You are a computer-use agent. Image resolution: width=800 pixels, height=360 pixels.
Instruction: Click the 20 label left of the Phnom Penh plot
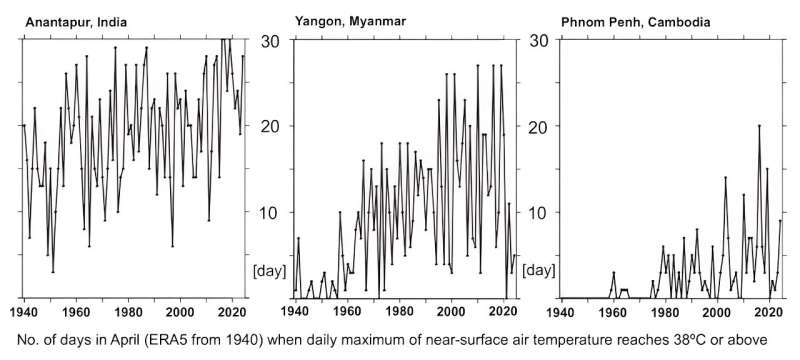pyautogui.click(x=541, y=127)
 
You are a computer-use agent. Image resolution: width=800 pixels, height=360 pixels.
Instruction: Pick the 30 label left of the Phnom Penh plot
pyautogui.click(x=541, y=41)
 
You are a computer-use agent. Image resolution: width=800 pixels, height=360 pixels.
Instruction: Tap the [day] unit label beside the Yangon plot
pyautogui.click(x=270, y=270)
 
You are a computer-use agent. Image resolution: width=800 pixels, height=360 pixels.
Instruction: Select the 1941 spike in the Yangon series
pyautogui.click(x=298, y=238)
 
